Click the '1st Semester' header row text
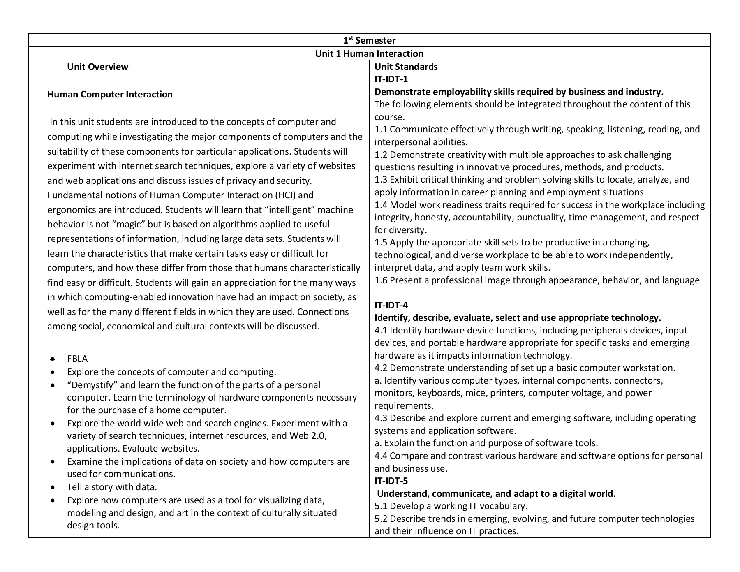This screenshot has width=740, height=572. pyautogui.click(x=369, y=40)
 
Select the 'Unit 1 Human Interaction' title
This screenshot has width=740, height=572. pyautogui.click(x=369, y=53)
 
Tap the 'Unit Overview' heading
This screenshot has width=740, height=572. pyautogui.click(x=97, y=67)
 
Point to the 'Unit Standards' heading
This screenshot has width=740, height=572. pyautogui.click(x=406, y=67)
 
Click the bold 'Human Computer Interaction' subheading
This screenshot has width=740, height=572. pyautogui.click(x=110, y=94)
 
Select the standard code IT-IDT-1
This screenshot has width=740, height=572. pyautogui.click(x=391, y=79)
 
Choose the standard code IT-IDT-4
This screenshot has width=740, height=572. pyautogui.click(x=391, y=305)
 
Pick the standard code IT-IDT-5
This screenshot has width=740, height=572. pyautogui.click(x=391, y=481)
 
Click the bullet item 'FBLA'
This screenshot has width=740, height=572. pyautogui.click(x=77, y=359)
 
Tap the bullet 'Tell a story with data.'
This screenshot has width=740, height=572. pyautogui.click(x=112, y=487)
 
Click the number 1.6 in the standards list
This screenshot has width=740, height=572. pyautogui.click(x=381, y=280)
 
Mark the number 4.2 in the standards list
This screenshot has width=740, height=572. pyautogui.click(x=381, y=368)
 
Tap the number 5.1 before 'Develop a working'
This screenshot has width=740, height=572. pyautogui.click(x=381, y=506)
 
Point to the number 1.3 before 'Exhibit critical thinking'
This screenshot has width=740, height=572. pyautogui.click(x=381, y=179)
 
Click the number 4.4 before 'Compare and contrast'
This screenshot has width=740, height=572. pyautogui.click(x=381, y=456)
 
